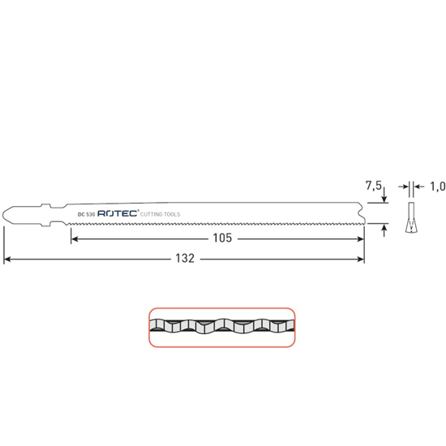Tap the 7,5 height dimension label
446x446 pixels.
click(374, 187)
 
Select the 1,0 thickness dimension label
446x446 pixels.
click(437, 187)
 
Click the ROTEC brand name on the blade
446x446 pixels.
click(118, 213)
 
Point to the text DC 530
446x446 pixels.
click(87, 214)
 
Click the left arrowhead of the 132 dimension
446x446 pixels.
click(8, 259)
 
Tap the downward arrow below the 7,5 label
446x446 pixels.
click(384, 198)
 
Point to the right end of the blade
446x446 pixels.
click(363, 212)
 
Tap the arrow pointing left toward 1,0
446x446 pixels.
click(418, 187)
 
